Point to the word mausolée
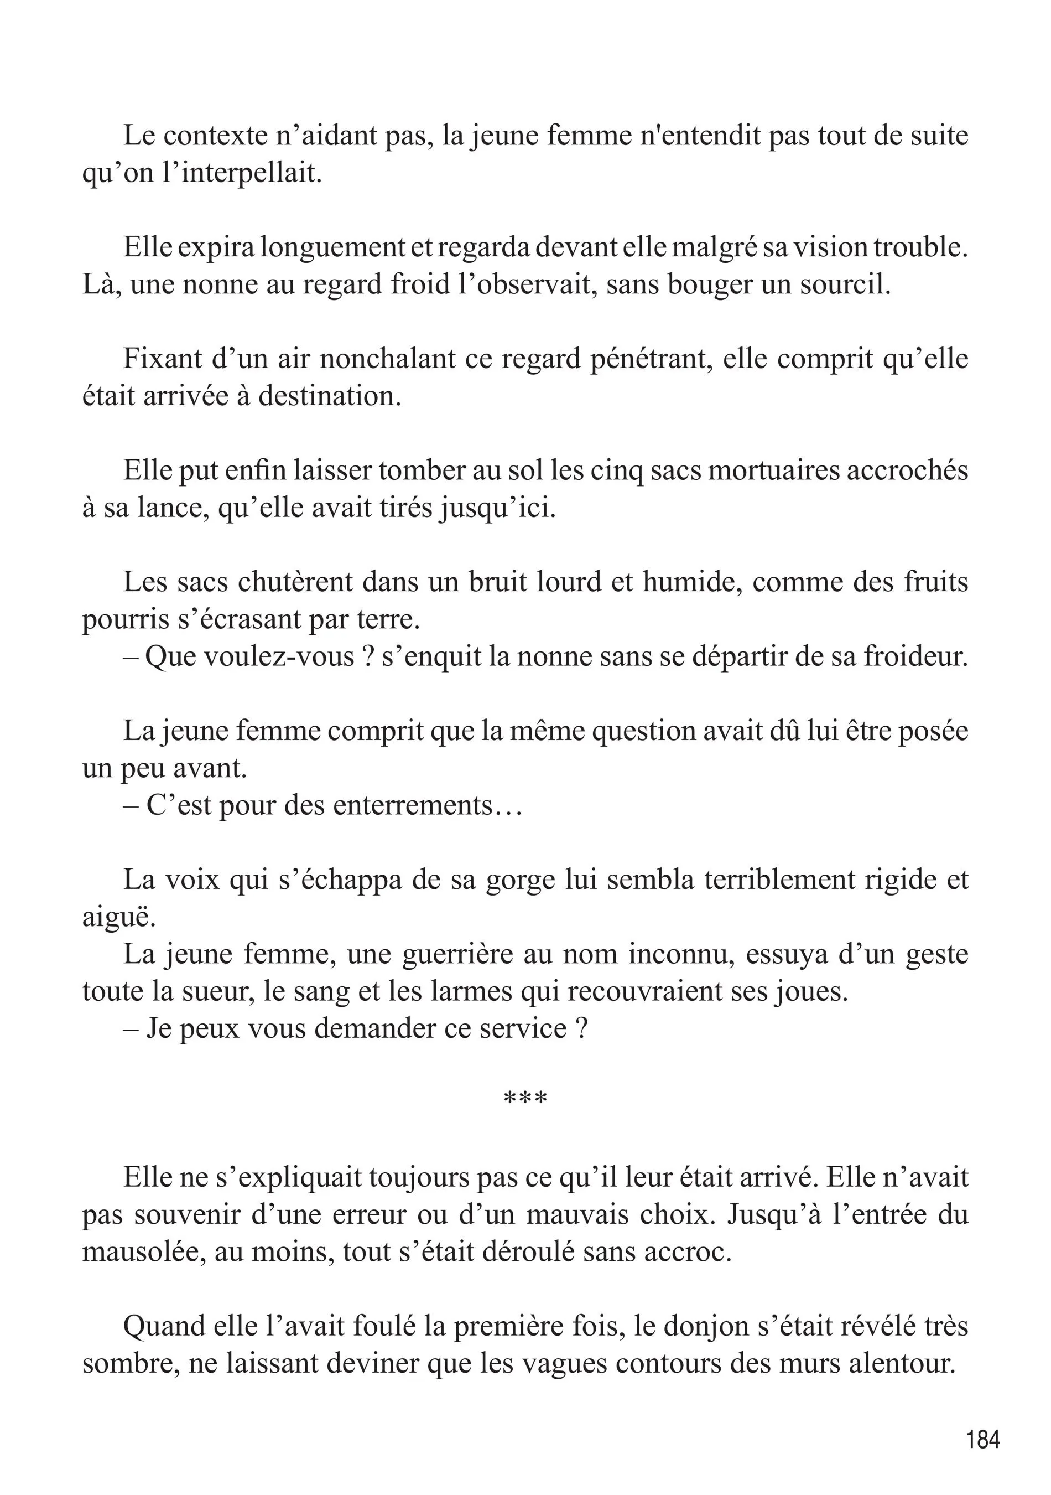pyautogui.click(x=140, y=1251)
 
